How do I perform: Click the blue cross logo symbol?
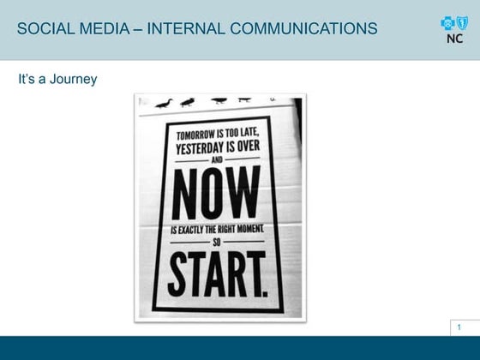(x=447, y=23)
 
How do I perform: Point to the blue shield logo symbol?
(x=462, y=23)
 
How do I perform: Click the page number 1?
(x=460, y=327)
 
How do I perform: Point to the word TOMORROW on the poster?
(x=195, y=135)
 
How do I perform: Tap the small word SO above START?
(x=217, y=243)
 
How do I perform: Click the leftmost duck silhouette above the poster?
(x=164, y=103)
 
